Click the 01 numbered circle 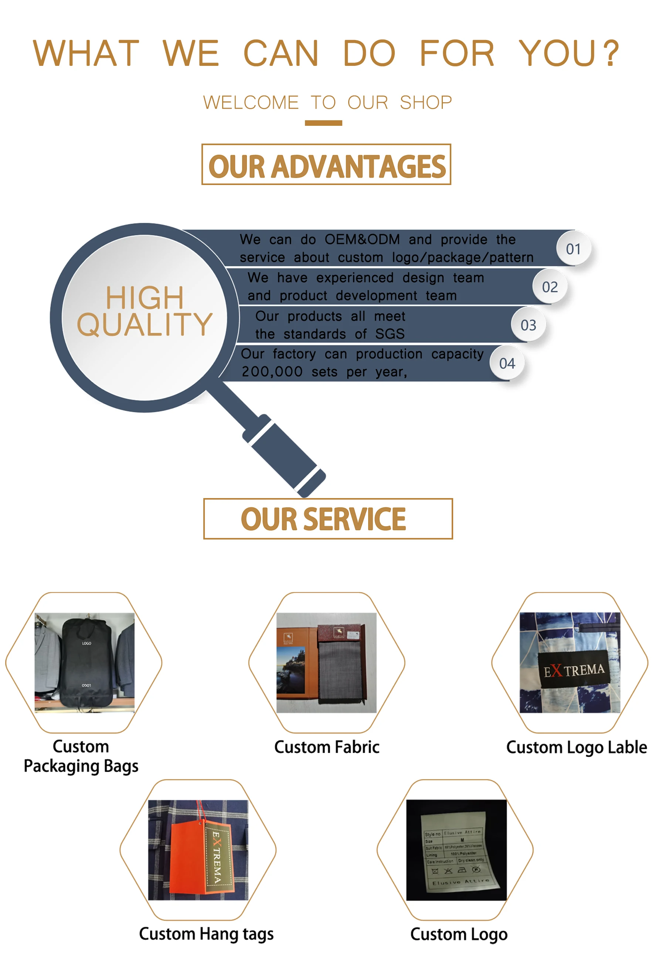573,249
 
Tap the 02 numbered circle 550,287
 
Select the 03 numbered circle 529,325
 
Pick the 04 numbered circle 507,363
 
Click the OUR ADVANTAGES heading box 326,165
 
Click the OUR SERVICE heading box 327,518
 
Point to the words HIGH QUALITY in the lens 145,312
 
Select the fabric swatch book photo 326,662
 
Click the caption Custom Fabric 327,747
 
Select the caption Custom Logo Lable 577,747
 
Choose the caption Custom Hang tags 206,934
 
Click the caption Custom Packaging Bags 81,756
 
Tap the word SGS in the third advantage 390,334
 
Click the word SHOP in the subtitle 426,102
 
